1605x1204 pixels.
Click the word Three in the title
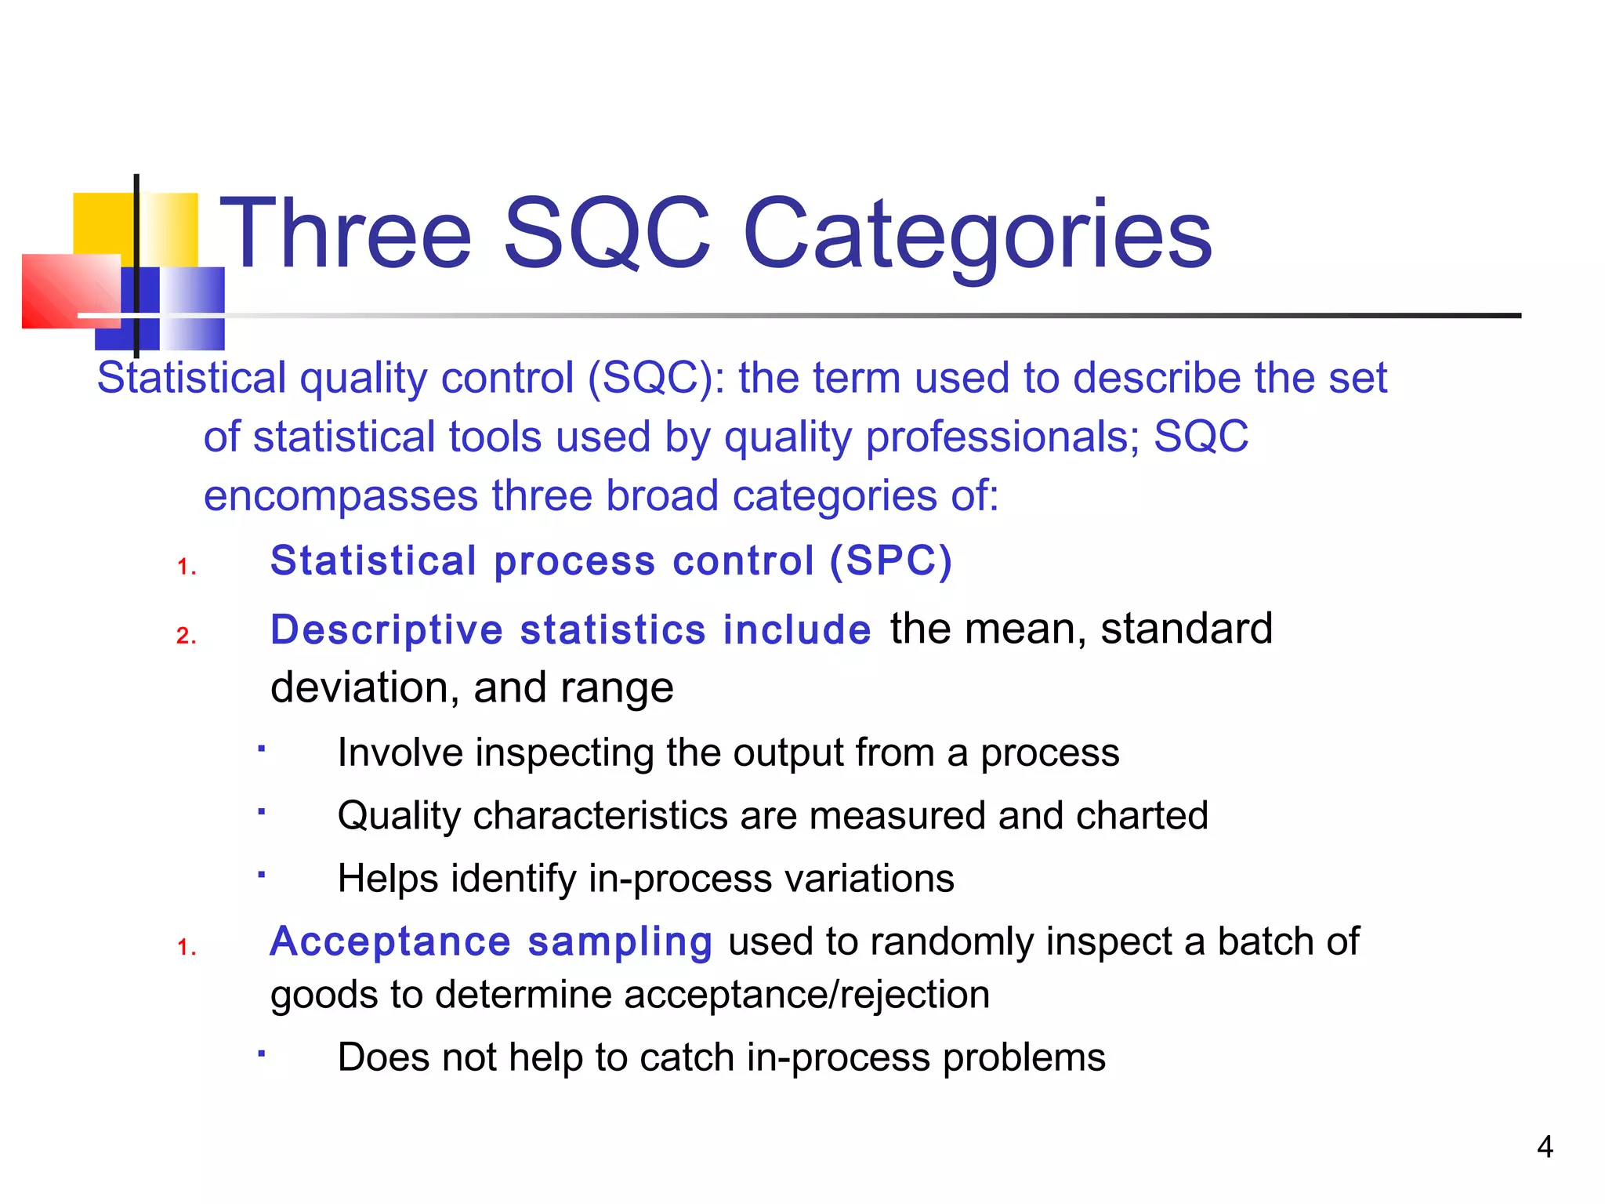tap(346, 234)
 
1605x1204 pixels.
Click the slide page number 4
tap(1545, 1147)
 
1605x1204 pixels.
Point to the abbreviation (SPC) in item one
tap(891, 561)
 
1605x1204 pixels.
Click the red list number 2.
tap(186, 635)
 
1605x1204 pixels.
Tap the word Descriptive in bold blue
tap(386, 630)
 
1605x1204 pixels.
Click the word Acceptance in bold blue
tap(389, 941)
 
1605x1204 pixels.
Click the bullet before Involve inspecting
tap(263, 749)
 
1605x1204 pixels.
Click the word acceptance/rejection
tap(806, 995)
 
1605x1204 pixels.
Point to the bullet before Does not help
tap(263, 1054)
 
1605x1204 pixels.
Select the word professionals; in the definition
tap(1002, 437)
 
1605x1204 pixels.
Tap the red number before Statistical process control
tap(186, 567)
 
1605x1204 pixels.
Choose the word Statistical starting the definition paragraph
tap(191, 378)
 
